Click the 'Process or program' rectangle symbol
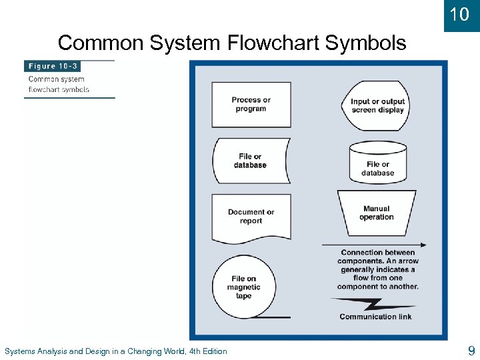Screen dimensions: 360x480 tap(251, 105)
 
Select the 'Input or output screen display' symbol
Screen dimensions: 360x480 tap(377, 105)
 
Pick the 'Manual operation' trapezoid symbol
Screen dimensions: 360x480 tap(377, 213)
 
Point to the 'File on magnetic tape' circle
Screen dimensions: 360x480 tap(244, 287)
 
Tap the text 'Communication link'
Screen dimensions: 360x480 tap(376, 317)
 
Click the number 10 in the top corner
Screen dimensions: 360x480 tap(459, 14)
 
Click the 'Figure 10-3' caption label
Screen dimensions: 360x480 tap(51, 66)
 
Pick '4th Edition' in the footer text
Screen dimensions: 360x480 tap(208, 351)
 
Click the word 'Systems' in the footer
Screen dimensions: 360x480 tap(21, 351)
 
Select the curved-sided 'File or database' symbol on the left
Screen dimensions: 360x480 tap(250, 161)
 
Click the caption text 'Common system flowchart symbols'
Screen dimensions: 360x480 tap(59, 84)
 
